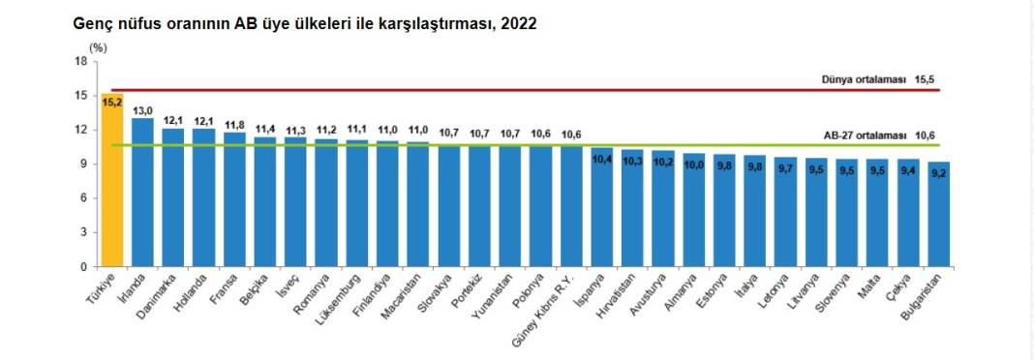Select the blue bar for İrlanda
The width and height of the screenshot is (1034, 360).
click(142, 194)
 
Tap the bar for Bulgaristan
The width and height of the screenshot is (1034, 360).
click(939, 218)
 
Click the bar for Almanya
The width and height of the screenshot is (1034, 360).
click(694, 213)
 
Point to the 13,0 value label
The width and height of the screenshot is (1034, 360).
click(143, 110)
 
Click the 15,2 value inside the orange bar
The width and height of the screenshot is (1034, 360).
click(112, 102)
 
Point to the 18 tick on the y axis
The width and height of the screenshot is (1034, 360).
click(80, 61)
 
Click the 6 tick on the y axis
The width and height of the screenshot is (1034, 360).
click(83, 197)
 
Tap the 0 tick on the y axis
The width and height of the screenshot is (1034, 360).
click(83, 266)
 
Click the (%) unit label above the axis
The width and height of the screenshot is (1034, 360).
click(98, 45)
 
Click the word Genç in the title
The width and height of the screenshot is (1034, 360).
click(93, 23)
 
